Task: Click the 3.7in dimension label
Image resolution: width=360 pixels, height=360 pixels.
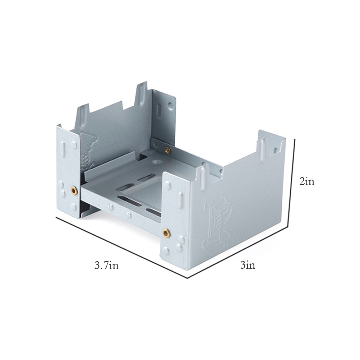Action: coord(107,266)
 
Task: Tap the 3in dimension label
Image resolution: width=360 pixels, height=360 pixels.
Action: coord(248,266)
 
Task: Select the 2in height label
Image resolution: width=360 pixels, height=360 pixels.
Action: coord(307,181)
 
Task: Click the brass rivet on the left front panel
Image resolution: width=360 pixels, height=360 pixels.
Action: coord(73,190)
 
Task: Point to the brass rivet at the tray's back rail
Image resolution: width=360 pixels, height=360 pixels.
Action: coord(168,150)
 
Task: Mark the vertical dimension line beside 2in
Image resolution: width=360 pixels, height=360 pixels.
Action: coord(291,182)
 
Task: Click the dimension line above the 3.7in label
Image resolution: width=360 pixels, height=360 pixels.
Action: coord(122,247)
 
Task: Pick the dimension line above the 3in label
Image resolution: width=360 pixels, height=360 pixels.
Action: coord(238,252)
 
